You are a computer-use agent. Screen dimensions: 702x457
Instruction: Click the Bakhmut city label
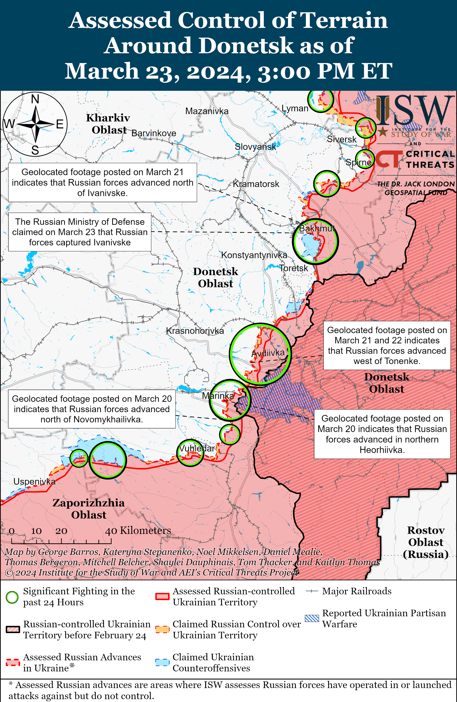click(x=317, y=228)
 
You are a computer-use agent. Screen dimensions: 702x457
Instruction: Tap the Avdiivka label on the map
click(x=268, y=353)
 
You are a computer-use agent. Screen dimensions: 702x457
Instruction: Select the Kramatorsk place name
click(x=256, y=184)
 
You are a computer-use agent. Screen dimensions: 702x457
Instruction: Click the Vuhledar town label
click(x=197, y=448)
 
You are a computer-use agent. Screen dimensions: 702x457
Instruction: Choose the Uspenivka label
click(x=34, y=482)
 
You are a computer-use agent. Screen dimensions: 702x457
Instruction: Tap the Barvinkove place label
click(x=154, y=133)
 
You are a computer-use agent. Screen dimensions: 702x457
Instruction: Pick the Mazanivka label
click(x=207, y=111)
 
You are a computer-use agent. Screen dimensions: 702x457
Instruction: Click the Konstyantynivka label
click(x=254, y=255)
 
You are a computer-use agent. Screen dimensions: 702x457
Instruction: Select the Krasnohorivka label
click(x=195, y=331)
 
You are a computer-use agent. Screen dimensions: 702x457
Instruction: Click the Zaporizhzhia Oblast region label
click(x=89, y=509)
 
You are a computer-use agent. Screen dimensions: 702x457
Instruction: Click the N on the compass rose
click(x=35, y=99)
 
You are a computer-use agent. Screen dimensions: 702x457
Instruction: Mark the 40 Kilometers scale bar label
click(x=138, y=531)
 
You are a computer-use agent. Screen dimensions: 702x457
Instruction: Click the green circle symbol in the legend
click(x=12, y=597)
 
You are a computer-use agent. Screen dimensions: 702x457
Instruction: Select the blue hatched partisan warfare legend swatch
click(x=312, y=619)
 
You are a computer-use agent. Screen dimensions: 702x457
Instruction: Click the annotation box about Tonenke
click(x=387, y=345)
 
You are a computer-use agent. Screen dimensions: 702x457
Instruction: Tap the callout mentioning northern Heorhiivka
click(x=382, y=434)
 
